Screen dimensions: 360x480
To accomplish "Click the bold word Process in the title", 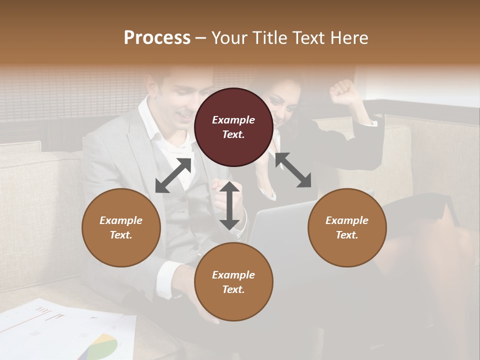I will coord(157,38).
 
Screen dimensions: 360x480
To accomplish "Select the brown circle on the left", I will coord(121,227).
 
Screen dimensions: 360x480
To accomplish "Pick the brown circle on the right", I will coord(347,227).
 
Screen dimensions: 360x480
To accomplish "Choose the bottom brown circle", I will coord(233,282).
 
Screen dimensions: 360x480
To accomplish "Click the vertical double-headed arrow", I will coord(229,205).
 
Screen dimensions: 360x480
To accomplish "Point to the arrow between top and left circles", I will coord(173,175).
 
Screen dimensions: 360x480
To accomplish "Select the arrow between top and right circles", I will coord(293,170).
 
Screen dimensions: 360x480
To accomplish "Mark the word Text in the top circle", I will coord(233,134).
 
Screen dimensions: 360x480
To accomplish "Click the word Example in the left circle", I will coord(121,220).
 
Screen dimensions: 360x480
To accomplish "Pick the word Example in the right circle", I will coord(347,220).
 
